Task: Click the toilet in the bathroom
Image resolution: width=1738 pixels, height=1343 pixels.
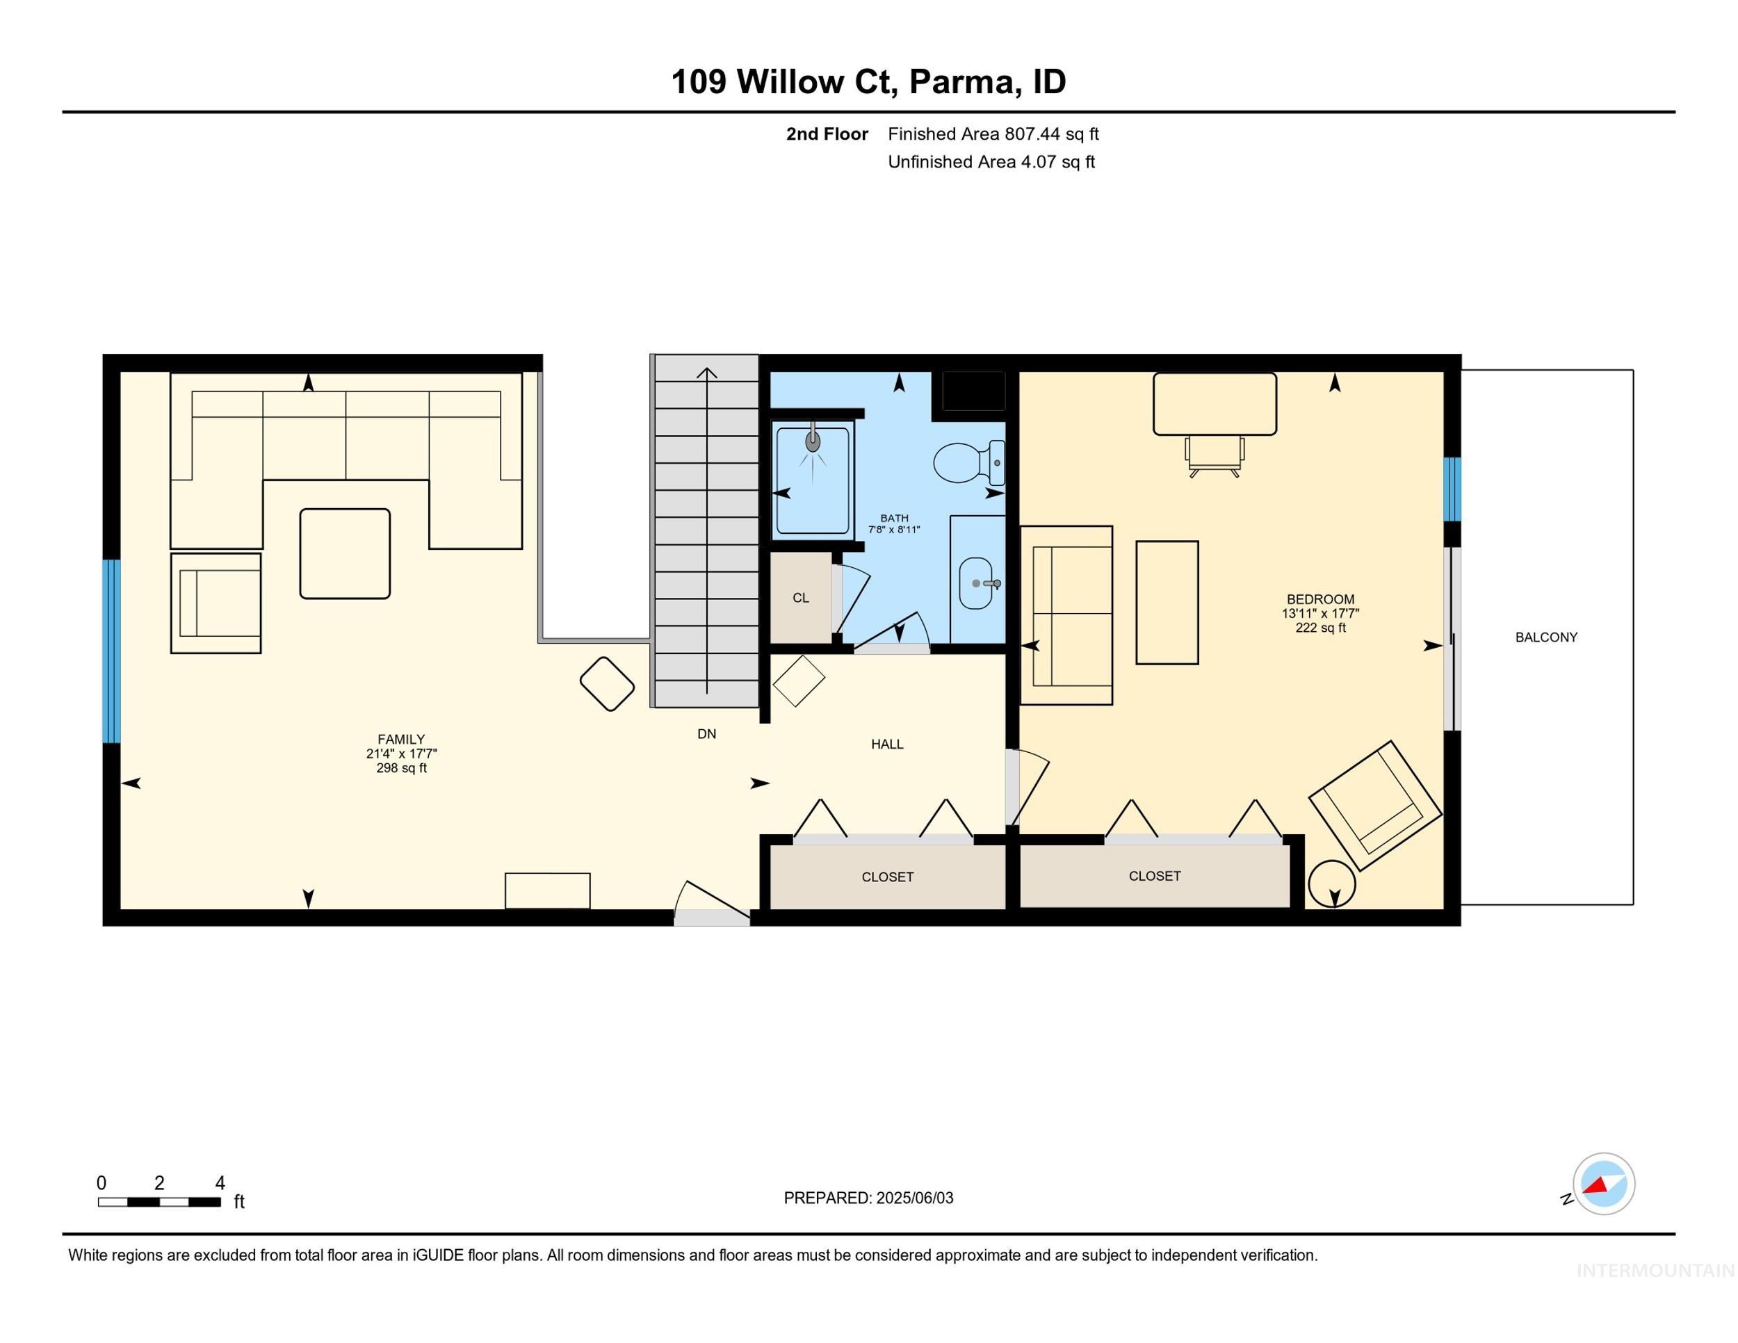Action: point(963,462)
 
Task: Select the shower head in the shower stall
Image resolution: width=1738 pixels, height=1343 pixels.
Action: point(813,442)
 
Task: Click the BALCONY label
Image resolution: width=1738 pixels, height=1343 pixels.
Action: point(1545,637)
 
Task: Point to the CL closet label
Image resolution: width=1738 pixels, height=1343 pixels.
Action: point(801,599)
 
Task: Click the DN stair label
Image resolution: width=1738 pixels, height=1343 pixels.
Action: point(706,733)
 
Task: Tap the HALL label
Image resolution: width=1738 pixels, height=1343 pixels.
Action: point(886,744)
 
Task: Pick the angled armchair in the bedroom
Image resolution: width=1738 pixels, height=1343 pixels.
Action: point(1375,806)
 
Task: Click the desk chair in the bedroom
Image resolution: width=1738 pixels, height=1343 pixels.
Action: point(1214,457)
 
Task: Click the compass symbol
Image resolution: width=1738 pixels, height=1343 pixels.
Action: point(1602,1183)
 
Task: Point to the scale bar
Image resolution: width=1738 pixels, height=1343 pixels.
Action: point(159,1201)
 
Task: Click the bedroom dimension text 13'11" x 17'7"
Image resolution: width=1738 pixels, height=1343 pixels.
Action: point(1320,613)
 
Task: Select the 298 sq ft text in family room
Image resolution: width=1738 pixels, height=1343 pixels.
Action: point(401,767)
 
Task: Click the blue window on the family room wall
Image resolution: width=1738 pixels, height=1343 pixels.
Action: point(111,651)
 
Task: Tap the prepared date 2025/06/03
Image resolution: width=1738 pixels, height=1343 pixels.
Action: point(913,1198)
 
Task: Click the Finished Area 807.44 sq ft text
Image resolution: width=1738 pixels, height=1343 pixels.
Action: point(993,133)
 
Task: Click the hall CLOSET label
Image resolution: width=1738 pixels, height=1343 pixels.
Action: point(887,877)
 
